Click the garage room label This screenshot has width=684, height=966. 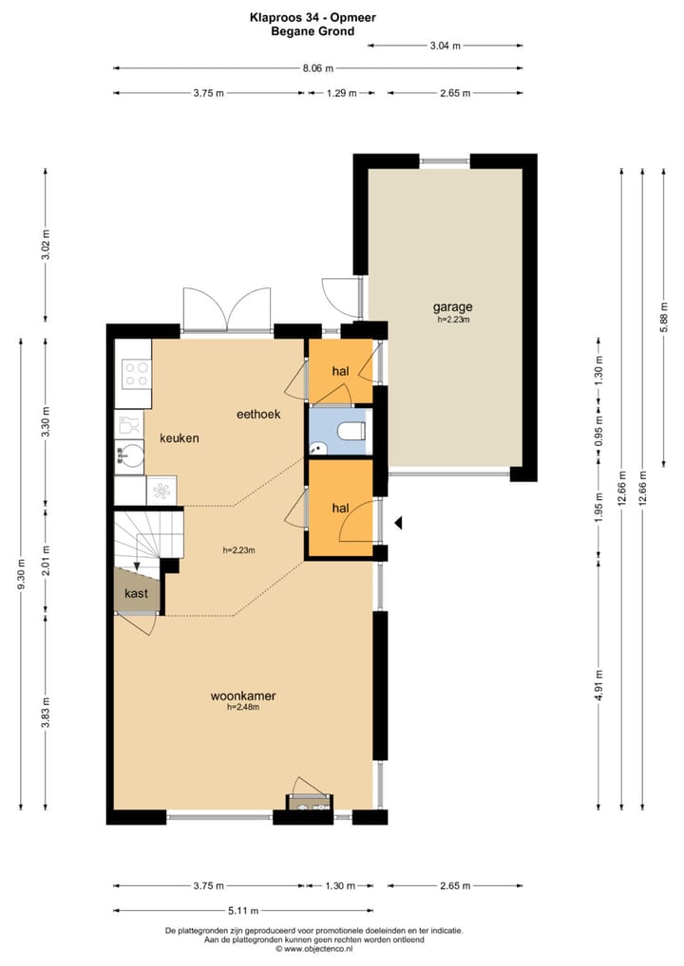(x=452, y=307)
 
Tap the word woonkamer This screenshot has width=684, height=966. (x=243, y=697)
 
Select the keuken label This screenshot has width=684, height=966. (x=180, y=438)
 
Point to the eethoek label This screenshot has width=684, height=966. (x=258, y=414)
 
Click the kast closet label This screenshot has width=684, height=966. (x=136, y=593)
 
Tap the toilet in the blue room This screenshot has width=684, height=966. (x=352, y=431)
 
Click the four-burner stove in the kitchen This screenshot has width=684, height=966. (x=136, y=374)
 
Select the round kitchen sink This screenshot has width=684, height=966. (x=130, y=456)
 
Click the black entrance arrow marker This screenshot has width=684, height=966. (x=398, y=523)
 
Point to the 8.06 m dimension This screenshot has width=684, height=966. (x=317, y=68)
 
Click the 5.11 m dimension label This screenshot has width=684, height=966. (x=243, y=911)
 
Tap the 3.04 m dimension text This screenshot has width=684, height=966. (x=446, y=46)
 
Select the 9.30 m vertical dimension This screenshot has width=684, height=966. (x=22, y=574)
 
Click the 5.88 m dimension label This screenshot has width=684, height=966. (x=664, y=317)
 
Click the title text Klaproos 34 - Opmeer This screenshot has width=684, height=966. (x=313, y=18)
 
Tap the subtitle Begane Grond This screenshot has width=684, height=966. (x=313, y=31)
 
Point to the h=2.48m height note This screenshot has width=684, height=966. (x=243, y=707)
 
